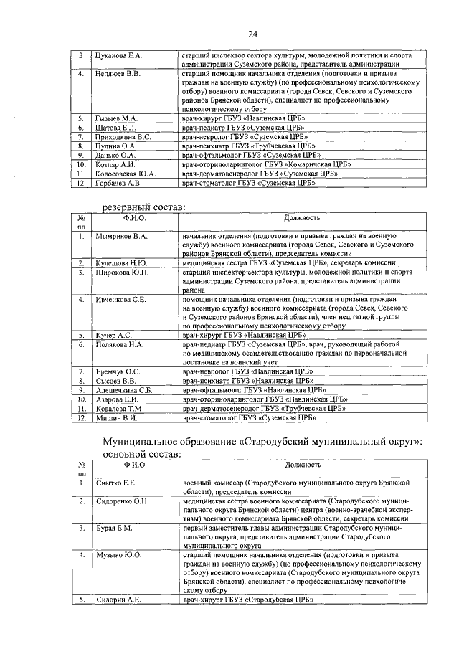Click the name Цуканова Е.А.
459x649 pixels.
pyautogui.click(x=119, y=55)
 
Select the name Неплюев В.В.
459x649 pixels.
pyautogui.click(x=118, y=74)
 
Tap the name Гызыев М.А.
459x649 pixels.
pyautogui.click(x=116, y=118)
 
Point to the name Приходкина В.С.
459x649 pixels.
pyautogui.click(x=123, y=136)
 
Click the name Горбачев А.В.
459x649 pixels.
pyautogui.click(x=119, y=183)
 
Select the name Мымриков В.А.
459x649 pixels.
pyautogui.click(x=121, y=236)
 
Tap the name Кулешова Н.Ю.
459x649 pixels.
pyautogui.click(x=120, y=264)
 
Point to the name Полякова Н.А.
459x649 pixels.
pyautogui.click(x=120, y=345)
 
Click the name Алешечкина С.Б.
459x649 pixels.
pyautogui.click(x=125, y=390)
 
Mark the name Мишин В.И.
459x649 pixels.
pyautogui.click(x=115, y=417)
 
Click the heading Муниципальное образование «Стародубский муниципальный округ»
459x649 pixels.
pyautogui.click(x=262, y=441)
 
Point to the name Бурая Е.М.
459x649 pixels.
pyautogui.click(x=114, y=529)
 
